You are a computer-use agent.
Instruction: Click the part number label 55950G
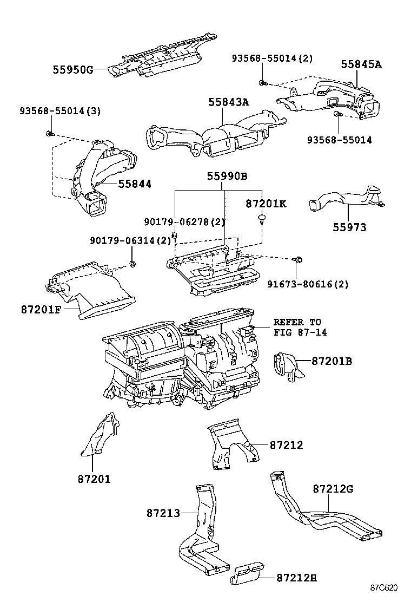click(73, 69)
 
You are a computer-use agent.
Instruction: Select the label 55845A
click(361, 64)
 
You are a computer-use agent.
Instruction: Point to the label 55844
click(135, 184)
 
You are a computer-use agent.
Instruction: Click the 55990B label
click(227, 176)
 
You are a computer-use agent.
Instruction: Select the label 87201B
click(332, 360)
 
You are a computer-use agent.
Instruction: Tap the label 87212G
click(333, 489)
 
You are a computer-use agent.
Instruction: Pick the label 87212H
click(296, 578)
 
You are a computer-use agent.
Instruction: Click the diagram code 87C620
click(384, 588)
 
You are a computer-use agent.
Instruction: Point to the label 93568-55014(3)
click(60, 111)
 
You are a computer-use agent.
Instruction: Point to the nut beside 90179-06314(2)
click(132, 264)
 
